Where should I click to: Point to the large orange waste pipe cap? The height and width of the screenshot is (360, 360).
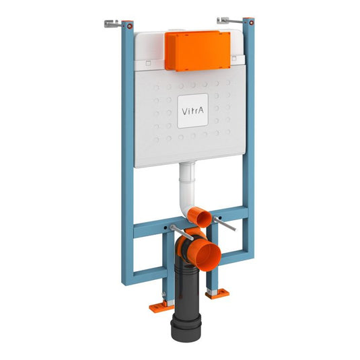click(x=207, y=256)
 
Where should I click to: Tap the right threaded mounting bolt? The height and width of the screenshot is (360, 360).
click(x=225, y=223)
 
